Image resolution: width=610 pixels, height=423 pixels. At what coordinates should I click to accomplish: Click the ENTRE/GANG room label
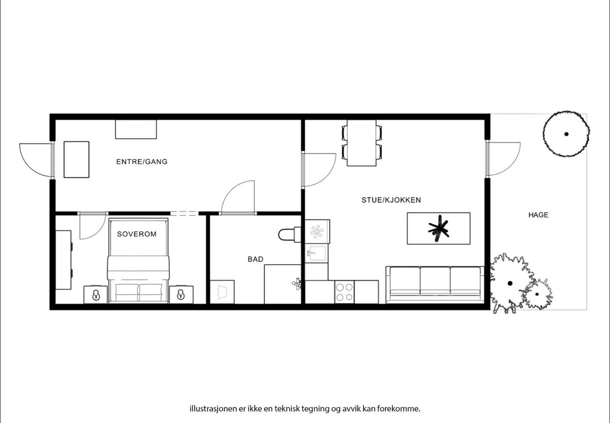(142, 162)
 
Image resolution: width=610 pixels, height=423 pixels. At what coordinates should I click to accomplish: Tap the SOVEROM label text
(137, 234)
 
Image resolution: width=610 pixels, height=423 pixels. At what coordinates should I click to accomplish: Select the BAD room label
(255, 259)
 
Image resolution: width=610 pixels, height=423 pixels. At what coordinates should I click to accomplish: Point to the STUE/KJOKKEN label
(391, 200)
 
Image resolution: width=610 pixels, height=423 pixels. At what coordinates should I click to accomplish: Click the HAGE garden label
(538, 215)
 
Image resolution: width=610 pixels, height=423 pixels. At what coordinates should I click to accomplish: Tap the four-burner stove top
(344, 292)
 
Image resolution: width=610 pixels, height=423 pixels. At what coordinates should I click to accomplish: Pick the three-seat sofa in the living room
(435, 284)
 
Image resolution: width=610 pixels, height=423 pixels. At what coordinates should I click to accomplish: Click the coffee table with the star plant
(439, 228)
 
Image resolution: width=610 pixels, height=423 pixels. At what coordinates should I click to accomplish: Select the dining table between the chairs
(361, 143)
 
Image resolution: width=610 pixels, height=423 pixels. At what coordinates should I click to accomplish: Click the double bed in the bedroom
(138, 262)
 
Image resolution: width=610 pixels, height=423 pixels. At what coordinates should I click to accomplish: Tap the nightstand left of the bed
(96, 294)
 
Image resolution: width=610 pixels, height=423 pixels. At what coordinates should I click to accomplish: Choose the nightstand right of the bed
(181, 294)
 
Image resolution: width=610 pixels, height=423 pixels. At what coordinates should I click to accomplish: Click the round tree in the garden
(566, 134)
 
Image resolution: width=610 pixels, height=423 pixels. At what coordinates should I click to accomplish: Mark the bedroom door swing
(92, 226)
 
